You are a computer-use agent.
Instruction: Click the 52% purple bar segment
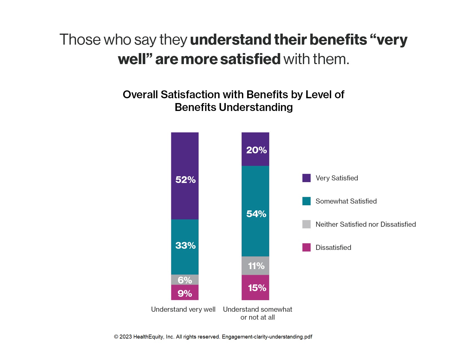(x=185, y=176)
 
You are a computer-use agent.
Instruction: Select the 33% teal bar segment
(x=185, y=247)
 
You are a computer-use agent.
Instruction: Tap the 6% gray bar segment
(x=185, y=280)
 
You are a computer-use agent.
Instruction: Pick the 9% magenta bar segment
(x=185, y=293)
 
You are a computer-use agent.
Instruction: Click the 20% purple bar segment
(x=255, y=149)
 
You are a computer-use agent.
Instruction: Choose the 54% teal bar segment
(x=255, y=211)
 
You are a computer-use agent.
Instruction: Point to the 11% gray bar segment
(x=255, y=266)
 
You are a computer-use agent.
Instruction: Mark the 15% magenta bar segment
(x=255, y=287)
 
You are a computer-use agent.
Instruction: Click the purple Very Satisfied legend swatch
(x=306, y=178)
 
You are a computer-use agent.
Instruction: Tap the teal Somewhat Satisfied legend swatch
(x=306, y=201)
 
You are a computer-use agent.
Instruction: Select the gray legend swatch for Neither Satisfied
(x=306, y=224)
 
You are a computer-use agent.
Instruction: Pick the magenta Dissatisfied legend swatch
(x=306, y=247)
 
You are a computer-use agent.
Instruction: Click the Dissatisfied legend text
(x=333, y=248)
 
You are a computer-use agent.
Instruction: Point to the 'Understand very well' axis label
(x=183, y=309)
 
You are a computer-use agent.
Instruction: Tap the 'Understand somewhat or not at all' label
(x=257, y=313)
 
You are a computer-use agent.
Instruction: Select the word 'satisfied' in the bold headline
(x=250, y=59)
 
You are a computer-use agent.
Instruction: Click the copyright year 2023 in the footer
(x=126, y=337)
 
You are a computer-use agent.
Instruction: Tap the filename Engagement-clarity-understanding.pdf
(x=267, y=337)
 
